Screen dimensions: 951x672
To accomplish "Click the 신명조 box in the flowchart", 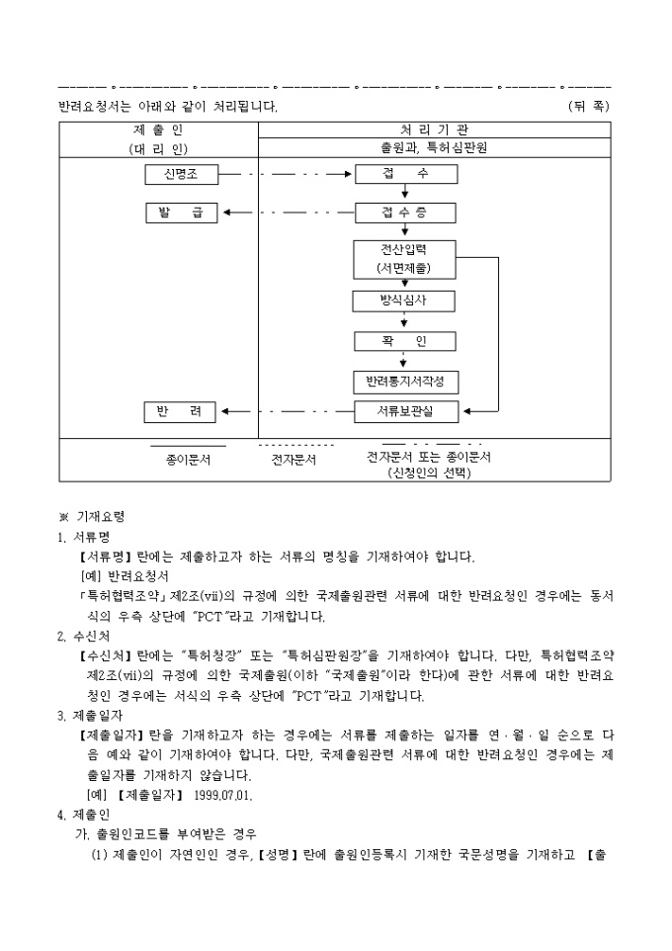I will (181, 175).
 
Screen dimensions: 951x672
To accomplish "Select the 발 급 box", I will (181, 213).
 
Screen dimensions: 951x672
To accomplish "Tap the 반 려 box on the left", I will (181, 410).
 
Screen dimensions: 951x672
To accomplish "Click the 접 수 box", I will (405, 175).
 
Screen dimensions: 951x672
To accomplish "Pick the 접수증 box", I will (405, 213).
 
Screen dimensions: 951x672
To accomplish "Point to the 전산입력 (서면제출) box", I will (405, 258).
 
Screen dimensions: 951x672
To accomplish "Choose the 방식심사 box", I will (405, 302).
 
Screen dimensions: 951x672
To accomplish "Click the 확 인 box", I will (405, 341).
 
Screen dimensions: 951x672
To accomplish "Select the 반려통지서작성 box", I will (405, 382).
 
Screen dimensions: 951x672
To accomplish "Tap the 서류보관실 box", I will (405, 410).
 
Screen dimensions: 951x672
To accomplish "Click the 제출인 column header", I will (158, 130).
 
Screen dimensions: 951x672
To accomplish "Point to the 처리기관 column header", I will (434, 130).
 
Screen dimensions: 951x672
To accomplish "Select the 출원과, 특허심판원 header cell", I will (434, 148).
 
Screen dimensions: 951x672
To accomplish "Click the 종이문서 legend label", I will (188, 460).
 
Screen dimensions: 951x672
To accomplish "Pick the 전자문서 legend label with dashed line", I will (294, 460).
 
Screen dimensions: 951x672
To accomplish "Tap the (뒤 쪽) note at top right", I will (589, 105).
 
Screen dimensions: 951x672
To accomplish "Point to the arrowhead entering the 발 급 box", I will (226, 213).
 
